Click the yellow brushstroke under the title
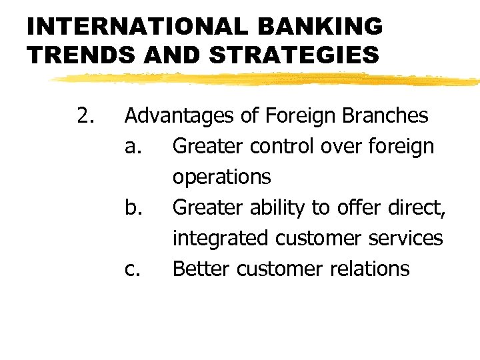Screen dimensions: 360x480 point(267,80)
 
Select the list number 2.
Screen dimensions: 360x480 point(85,116)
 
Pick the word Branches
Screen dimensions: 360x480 point(386,116)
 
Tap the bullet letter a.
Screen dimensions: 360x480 point(132,147)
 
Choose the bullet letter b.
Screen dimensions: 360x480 point(133,207)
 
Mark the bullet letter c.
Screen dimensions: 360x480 point(131,269)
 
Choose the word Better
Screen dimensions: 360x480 point(202,269)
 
